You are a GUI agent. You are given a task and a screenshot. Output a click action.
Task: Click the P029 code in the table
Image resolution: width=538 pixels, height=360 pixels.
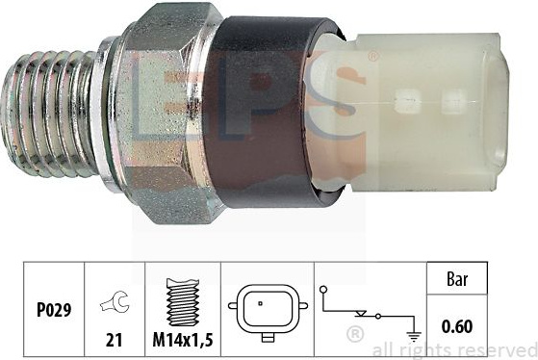[54, 310]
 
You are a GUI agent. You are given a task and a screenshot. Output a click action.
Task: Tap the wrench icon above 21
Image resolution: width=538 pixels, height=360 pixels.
[115, 301]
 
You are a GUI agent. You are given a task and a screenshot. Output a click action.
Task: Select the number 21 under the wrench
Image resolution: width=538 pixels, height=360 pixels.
[114, 340]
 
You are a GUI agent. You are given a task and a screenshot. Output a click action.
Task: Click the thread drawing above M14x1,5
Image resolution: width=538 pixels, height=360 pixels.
[183, 301]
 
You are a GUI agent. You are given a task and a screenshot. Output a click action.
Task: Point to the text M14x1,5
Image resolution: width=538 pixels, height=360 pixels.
[183, 340]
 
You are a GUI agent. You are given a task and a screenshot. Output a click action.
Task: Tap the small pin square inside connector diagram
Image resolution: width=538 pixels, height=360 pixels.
[261, 303]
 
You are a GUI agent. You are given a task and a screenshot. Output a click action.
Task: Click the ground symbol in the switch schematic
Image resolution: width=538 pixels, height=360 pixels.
[415, 337]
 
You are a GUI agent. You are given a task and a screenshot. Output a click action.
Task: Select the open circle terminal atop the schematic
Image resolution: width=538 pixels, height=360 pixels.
[323, 290]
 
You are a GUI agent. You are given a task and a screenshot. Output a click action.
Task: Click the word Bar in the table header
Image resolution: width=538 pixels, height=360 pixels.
[457, 279]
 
